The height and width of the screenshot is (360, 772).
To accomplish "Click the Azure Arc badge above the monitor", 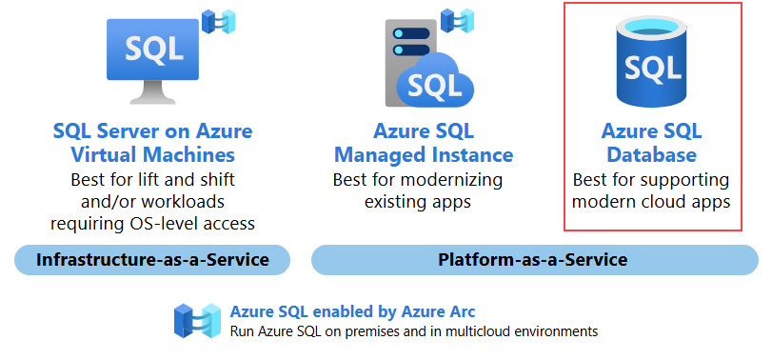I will pyautogui.click(x=220, y=21).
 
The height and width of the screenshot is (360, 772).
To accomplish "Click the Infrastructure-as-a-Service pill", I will pyautogui.click(x=152, y=260).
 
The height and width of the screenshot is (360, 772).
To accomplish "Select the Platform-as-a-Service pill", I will pyautogui.click(x=533, y=260).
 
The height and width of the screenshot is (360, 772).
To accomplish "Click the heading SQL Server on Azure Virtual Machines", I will pyautogui.click(x=152, y=143).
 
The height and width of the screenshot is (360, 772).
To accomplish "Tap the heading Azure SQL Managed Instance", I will pyautogui.click(x=424, y=143).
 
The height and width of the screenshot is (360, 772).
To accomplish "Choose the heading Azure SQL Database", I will pyautogui.click(x=651, y=143).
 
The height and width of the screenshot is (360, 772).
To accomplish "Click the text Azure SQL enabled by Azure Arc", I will pyautogui.click(x=352, y=311).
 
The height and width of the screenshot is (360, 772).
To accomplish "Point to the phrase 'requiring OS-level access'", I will pyautogui.click(x=152, y=223).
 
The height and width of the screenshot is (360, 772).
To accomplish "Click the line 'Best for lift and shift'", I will pyautogui.click(x=152, y=179).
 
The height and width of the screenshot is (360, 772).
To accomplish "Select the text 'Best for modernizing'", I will pyautogui.click(x=417, y=179).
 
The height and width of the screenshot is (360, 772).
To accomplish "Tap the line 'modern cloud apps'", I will pyautogui.click(x=651, y=202).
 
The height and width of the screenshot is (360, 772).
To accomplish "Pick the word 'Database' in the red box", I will pyautogui.click(x=651, y=154).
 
